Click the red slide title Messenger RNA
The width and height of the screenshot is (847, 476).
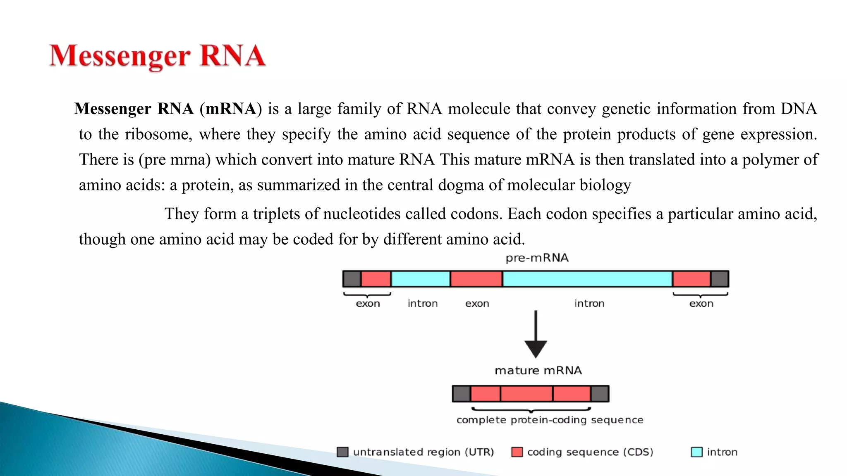157,56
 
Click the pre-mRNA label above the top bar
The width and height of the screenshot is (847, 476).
537,258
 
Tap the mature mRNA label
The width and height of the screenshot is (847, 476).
538,370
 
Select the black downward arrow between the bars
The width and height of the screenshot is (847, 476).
536,335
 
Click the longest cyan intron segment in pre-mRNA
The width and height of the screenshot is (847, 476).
587,279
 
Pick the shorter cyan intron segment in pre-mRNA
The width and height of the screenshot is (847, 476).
420,279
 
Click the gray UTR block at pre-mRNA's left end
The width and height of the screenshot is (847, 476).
352,279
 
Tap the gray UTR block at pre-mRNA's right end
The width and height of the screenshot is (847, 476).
720,279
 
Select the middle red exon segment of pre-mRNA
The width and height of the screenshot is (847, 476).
476,279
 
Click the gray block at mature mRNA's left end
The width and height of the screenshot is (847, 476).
462,394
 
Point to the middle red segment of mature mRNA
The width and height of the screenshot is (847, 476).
526,394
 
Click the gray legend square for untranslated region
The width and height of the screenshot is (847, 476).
342,452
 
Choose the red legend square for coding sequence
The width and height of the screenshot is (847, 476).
517,452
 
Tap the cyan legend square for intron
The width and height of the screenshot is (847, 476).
696,452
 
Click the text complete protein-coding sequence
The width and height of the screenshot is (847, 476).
550,420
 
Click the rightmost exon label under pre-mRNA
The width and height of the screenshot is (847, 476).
701,304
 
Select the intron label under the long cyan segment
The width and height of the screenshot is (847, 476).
589,304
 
